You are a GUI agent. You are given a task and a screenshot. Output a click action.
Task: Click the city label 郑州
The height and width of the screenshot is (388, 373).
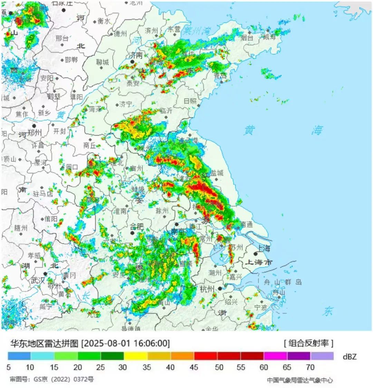tap(35, 133)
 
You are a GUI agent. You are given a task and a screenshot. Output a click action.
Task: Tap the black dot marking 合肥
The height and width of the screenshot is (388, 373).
tap(133, 234)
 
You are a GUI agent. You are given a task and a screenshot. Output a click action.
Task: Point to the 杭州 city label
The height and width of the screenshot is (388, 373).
tap(207, 289)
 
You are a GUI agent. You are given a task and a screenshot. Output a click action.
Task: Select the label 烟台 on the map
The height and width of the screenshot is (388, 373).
tap(247, 37)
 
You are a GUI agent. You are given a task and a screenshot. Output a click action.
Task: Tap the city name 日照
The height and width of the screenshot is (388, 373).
tap(190, 101)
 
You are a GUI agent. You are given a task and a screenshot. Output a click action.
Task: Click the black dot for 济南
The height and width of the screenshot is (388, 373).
tap(132, 62)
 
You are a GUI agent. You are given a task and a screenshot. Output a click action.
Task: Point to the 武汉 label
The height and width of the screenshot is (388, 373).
tap(38, 280)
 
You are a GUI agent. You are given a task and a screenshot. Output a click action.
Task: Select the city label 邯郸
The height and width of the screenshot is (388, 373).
tap(71, 60)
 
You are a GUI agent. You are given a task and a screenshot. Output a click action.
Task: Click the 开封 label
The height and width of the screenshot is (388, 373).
tap(59, 131)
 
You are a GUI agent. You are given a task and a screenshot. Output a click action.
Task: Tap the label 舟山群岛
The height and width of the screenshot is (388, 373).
tap(283, 282)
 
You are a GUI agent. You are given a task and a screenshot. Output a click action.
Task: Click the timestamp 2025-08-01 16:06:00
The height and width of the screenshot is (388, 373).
tap(126, 343)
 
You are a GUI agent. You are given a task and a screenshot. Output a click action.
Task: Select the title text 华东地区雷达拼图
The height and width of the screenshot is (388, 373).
tap(44, 343)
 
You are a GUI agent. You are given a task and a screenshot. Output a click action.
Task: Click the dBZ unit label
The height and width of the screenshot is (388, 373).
tap(349, 357)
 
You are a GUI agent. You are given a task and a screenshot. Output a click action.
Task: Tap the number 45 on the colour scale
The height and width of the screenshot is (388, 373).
tap(194, 367)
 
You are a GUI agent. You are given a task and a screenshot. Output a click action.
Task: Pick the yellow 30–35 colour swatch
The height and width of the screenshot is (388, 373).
tap(136, 356)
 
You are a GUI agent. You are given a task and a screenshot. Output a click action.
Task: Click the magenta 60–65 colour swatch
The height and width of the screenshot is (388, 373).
tap(275, 356)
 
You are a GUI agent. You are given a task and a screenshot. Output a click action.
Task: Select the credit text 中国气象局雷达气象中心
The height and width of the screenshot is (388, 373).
tap(300, 380)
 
